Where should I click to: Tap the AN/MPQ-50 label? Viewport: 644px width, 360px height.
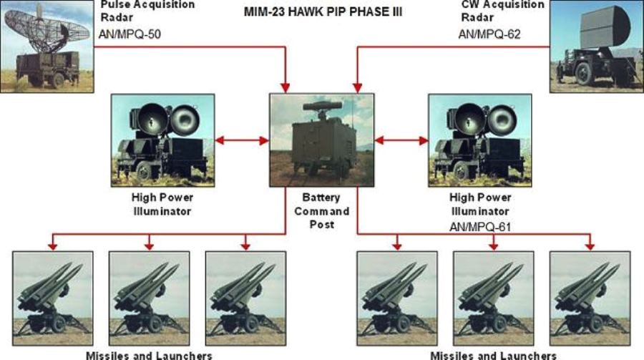click(129, 34)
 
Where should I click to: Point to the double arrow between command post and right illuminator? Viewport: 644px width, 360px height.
click(401, 140)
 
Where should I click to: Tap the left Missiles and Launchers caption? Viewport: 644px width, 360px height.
click(149, 355)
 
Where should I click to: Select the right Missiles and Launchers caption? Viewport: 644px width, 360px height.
click(494, 355)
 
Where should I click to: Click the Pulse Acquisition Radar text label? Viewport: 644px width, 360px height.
click(148, 11)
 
